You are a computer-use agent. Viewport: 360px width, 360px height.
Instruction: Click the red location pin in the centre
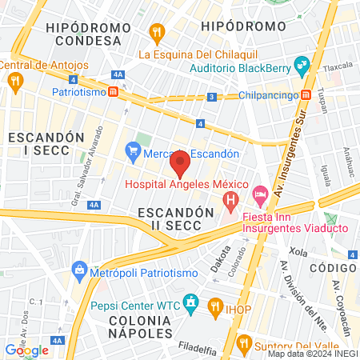coord(180,163)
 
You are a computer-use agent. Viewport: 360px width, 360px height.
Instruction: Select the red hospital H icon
coord(231,198)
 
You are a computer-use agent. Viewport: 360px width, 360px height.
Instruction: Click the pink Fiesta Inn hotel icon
coord(260,194)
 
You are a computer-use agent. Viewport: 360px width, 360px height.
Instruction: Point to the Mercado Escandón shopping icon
coord(133,151)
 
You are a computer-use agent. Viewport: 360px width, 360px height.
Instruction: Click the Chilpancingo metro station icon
coord(306,95)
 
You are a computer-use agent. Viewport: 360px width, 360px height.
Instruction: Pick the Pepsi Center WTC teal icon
coord(190,303)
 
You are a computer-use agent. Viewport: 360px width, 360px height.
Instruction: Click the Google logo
coord(26,350)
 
